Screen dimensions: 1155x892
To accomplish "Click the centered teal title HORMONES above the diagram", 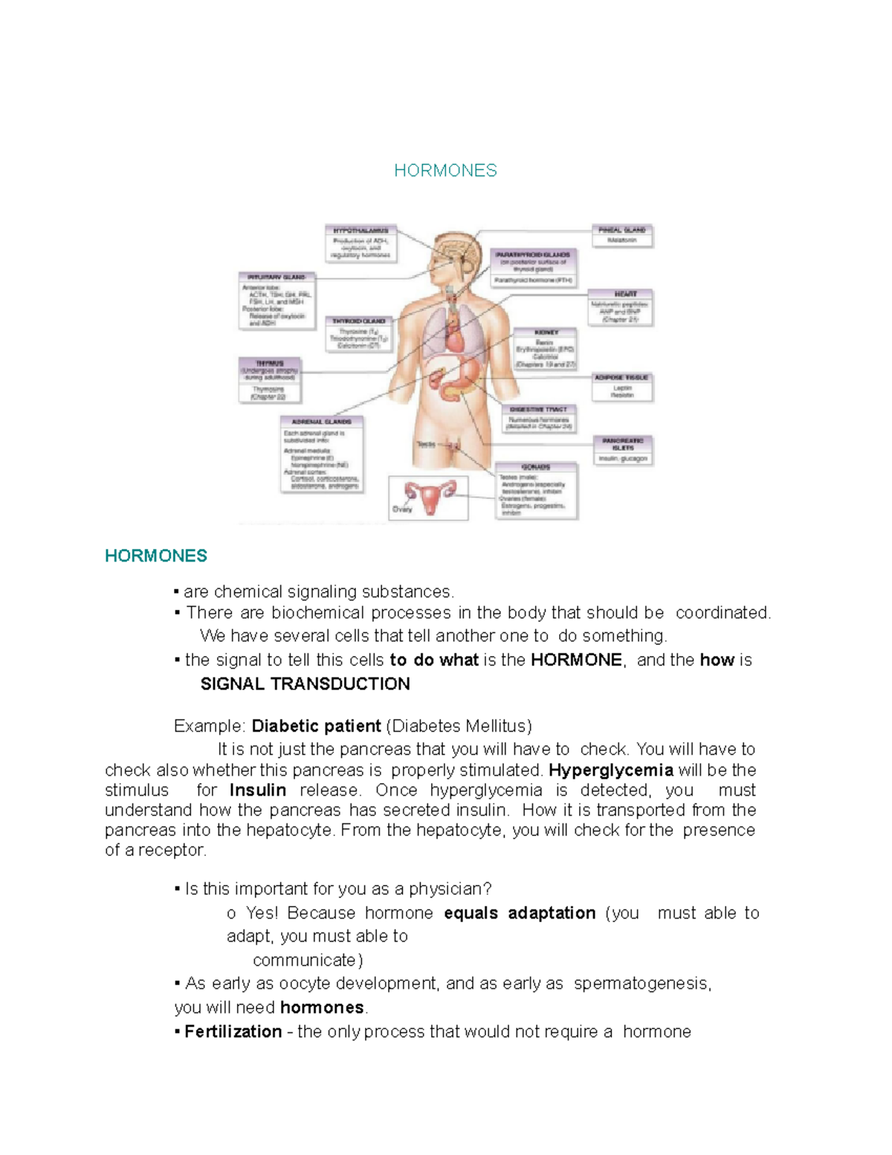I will (445, 171).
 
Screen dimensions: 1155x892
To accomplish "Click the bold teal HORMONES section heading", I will (156, 556).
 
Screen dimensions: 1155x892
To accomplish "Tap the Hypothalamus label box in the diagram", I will (361, 244).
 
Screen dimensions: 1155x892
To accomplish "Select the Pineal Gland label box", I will (622, 235).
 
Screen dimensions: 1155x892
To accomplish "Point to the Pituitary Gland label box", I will (277, 300).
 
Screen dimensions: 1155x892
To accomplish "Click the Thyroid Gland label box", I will (358, 333).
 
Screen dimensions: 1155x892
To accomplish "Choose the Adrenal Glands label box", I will (322, 454).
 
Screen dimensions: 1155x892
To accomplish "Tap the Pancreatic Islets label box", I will (623, 450).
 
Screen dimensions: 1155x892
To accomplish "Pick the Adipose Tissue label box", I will (622, 387).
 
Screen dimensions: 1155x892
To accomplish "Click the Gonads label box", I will (536, 489).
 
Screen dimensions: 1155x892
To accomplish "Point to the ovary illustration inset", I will (428, 498).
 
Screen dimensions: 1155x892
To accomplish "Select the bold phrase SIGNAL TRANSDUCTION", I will (305, 684).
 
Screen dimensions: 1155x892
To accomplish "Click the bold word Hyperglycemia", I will (611, 770).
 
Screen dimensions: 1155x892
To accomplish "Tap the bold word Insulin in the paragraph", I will (258, 791).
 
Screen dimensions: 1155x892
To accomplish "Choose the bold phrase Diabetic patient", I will (317, 727).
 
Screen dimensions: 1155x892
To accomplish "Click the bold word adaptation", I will (552, 913).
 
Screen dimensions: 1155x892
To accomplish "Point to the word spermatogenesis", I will (641, 984).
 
